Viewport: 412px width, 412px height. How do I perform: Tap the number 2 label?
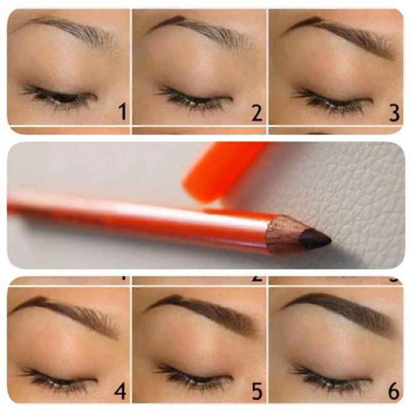tap(256, 113)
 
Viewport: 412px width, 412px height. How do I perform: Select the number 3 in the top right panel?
tap(394, 113)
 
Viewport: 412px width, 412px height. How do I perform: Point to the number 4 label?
tap(120, 391)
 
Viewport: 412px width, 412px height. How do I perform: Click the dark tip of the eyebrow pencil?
tap(314, 238)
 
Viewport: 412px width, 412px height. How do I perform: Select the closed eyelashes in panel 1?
tap(57, 97)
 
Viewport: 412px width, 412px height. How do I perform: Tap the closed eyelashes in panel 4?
tap(57, 379)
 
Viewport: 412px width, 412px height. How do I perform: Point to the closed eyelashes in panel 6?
tap(330, 379)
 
